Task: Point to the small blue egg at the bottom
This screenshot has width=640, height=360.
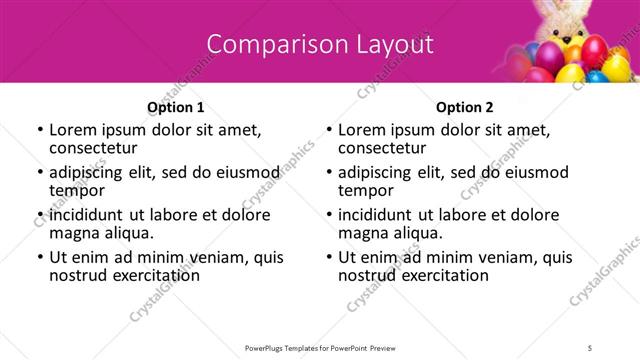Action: pyautogui.click(x=596, y=75)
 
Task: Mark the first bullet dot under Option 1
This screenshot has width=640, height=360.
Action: pyautogui.click(x=40, y=130)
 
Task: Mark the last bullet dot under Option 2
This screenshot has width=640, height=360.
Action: pyautogui.click(x=330, y=258)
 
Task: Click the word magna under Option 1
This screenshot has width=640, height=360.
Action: pyautogui.click(x=75, y=233)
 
